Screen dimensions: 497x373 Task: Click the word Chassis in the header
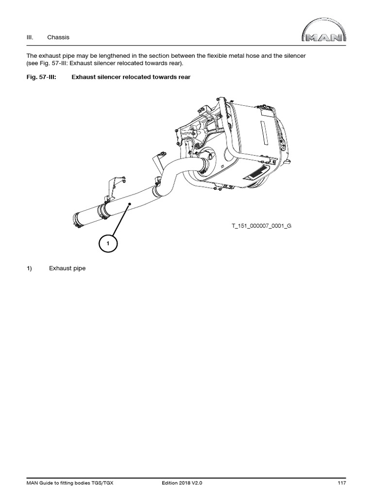click(58, 37)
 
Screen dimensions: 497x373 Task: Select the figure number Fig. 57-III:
click(41, 77)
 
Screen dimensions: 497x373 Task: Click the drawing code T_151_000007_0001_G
click(261, 226)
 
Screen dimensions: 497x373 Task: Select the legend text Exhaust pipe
click(67, 268)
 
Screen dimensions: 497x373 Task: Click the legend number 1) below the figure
click(29, 268)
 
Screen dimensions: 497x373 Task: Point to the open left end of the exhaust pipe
click(77, 219)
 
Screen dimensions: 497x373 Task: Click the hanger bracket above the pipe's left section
click(113, 187)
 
